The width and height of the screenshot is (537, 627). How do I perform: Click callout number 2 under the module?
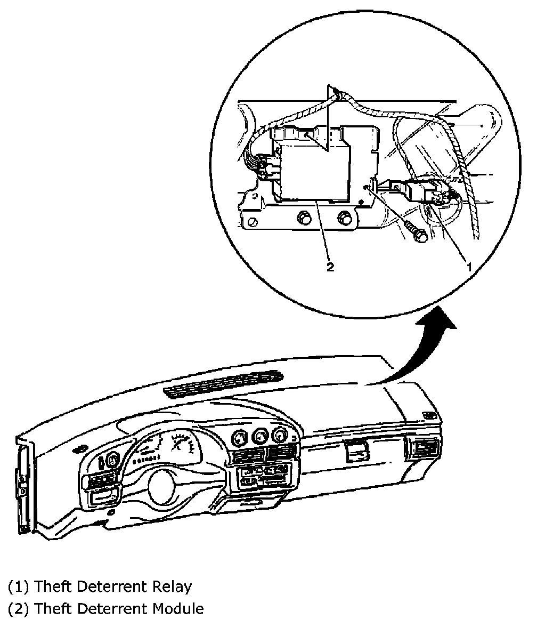point(330,267)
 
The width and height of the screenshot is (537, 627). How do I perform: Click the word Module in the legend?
point(178,608)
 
